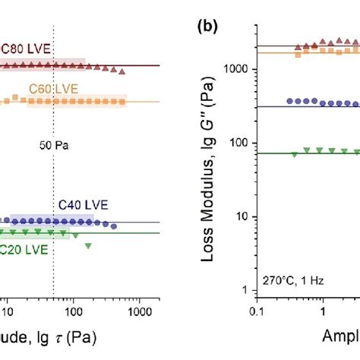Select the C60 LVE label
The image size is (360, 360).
(x=49, y=89)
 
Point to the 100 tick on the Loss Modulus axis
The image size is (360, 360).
(x=242, y=143)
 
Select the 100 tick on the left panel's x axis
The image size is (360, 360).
(x=73, y=312)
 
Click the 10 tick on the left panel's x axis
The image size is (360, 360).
(x=8, y=312)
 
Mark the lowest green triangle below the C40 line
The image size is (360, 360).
(x=89, y=245)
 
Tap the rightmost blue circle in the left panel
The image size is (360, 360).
(x=115, y=226)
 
